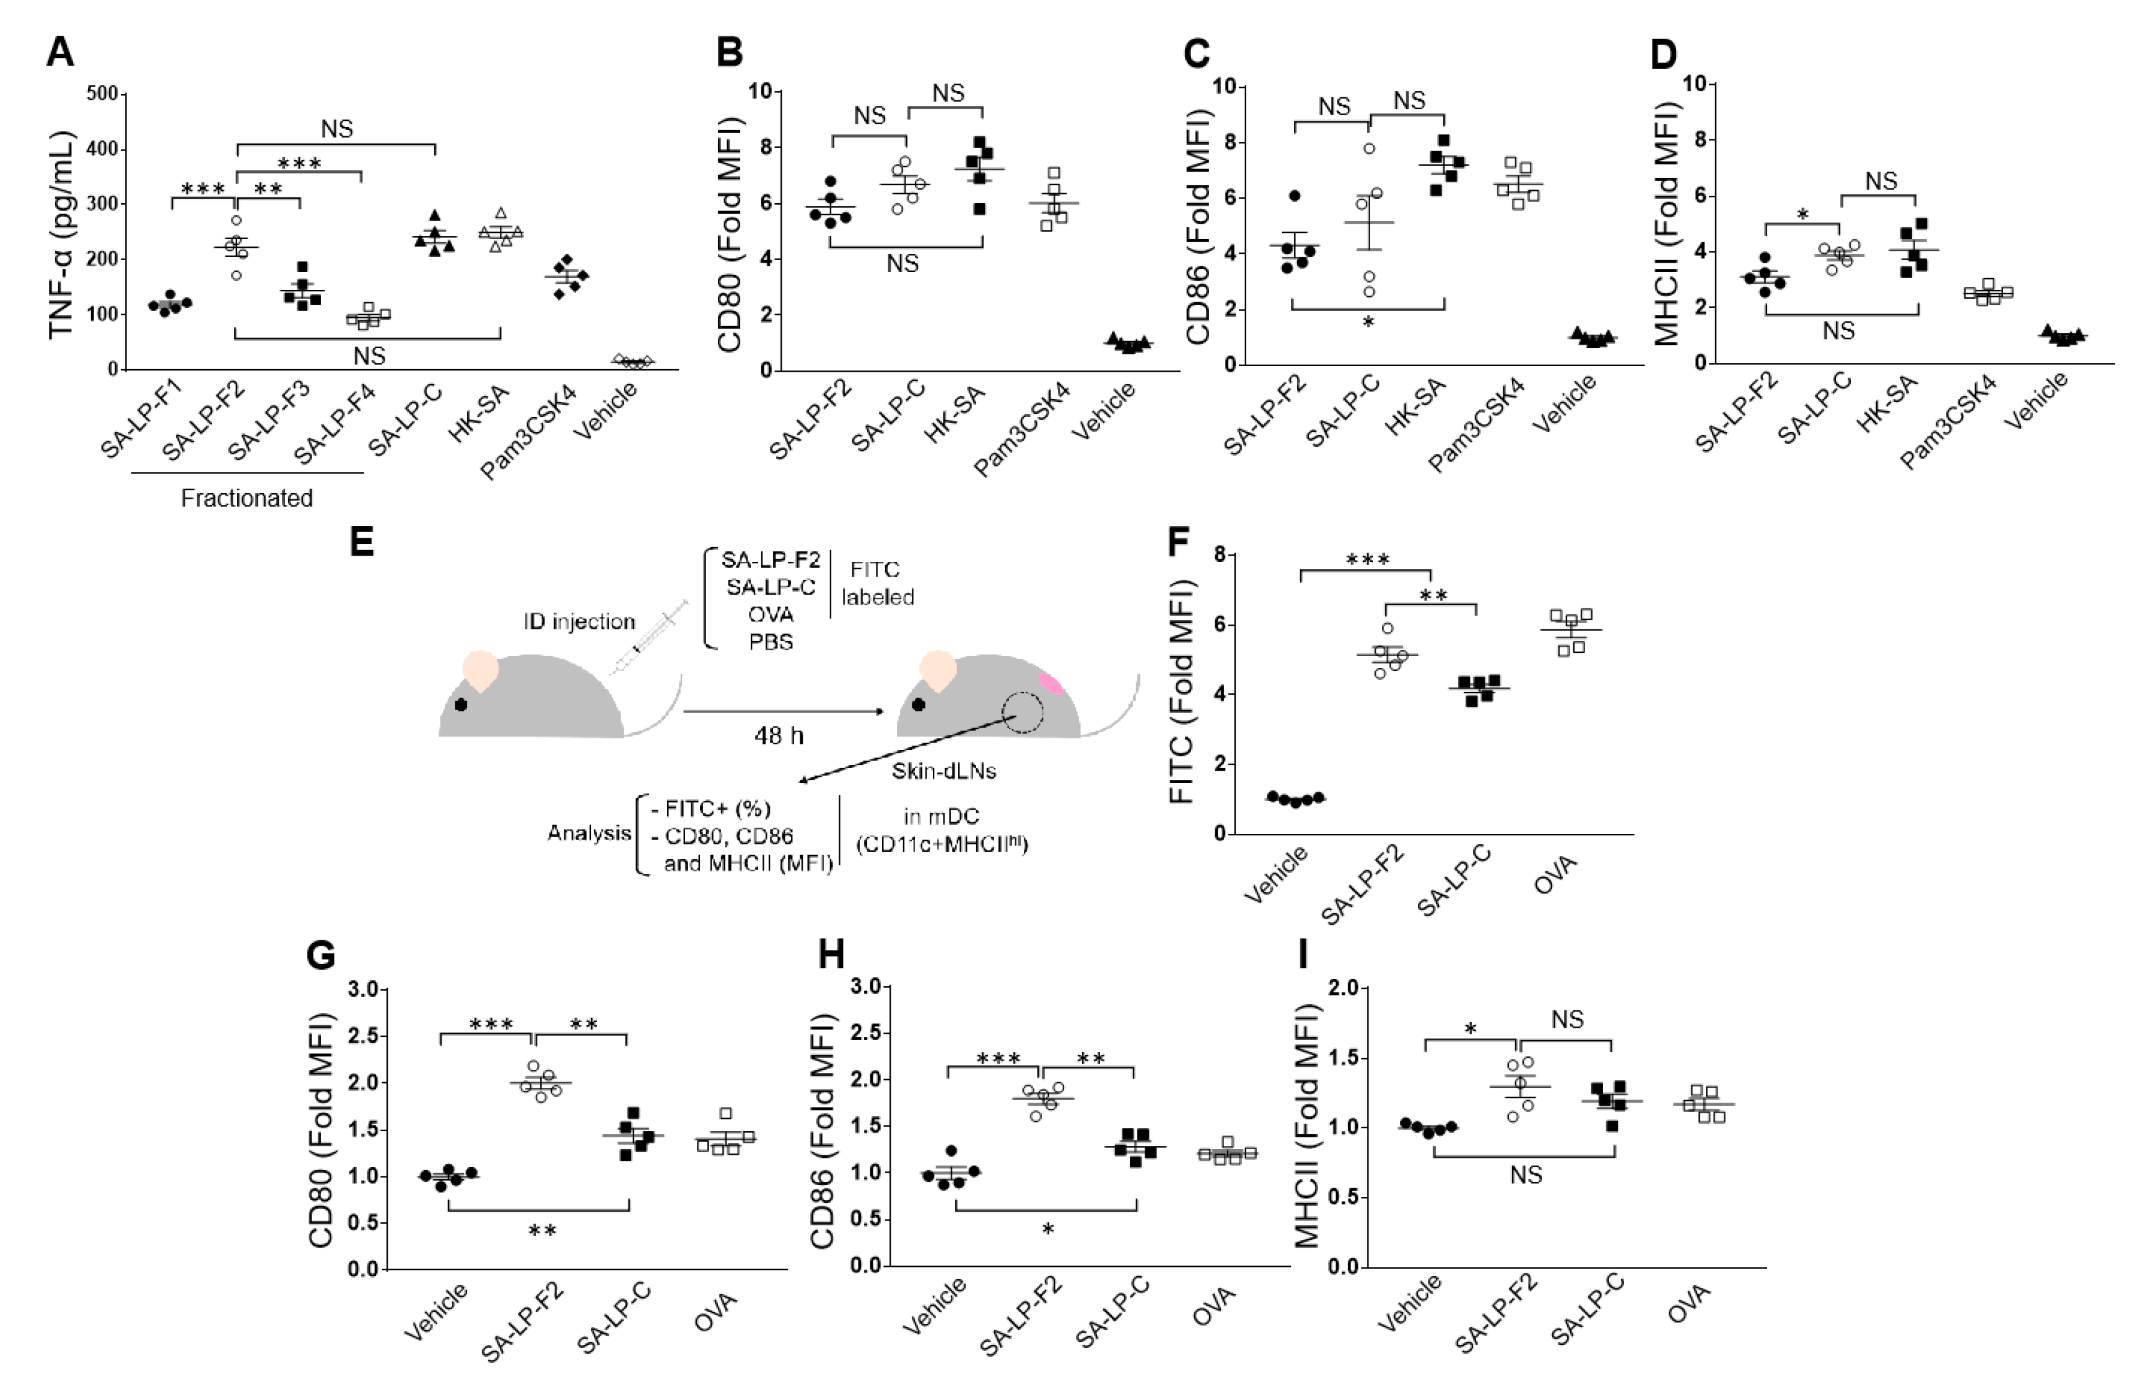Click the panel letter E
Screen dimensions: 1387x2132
[361, 542]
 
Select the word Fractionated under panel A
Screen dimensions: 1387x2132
[247, 498]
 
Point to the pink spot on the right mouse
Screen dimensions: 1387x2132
[1051, 683]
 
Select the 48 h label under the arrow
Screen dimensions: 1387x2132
[779, 735]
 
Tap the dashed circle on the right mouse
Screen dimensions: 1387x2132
[1022, 712]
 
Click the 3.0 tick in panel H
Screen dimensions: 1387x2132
[868, 986]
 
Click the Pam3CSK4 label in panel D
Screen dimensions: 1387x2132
[1949, 421]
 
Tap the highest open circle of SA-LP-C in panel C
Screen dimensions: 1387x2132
[1369, 149]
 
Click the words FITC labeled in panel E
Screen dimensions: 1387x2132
[877, 584]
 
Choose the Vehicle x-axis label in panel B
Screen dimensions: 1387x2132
[1104, 409]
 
